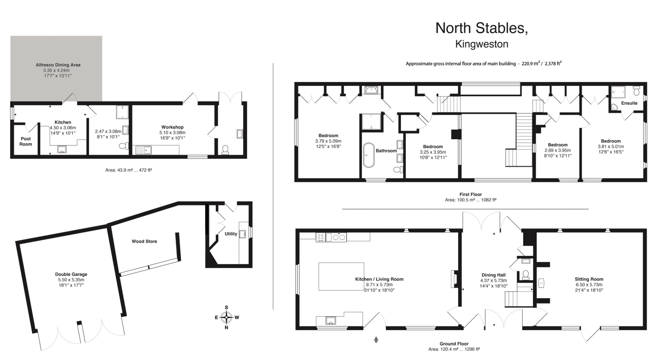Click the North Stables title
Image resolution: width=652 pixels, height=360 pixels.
coord(481,28)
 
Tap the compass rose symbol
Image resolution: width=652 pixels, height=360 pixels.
coord(226,317)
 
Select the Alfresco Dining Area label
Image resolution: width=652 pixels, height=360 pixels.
coord(58,65)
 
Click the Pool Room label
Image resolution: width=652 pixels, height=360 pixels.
coord(26,141)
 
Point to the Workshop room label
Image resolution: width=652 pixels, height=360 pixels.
coord(172,127)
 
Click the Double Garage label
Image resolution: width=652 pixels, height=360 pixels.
coord(71,274)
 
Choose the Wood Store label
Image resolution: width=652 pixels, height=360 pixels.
coord(144,241)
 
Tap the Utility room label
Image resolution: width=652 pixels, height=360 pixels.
coord(231,234)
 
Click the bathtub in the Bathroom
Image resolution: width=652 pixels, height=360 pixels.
coord(369,155)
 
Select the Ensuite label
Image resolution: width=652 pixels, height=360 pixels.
coord(629,103)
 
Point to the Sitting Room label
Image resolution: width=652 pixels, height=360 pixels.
coord(589,279)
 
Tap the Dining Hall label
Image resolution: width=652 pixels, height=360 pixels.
coord(493,275)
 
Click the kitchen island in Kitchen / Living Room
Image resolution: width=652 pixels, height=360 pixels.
coord(341,276)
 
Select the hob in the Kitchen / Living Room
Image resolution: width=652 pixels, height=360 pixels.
coord(320,237)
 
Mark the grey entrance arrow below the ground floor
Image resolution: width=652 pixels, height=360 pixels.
coord(376,340)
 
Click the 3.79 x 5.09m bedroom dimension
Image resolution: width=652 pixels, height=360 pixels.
coord(328,141)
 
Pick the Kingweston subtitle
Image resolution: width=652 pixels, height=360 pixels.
coord(481,44)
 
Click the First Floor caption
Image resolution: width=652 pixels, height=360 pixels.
coord(471,194)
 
